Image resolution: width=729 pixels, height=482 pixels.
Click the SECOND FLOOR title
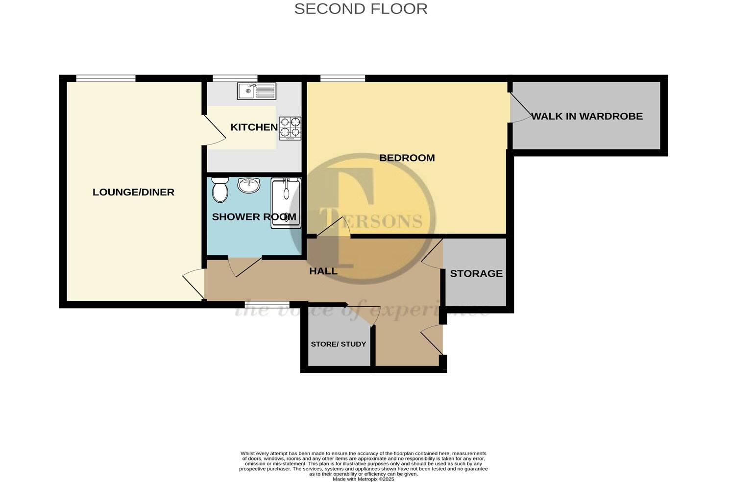coord(361,9)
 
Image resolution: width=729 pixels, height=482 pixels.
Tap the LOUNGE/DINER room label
coord(133,192)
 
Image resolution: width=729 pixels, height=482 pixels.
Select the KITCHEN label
coord(254,127)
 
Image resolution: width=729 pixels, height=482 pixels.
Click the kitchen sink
coord(256,91)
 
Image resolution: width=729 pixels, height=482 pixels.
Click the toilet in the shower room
coord(220,190)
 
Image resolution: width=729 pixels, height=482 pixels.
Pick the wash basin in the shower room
coord(249,185)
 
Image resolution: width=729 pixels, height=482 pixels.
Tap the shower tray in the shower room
coord(286,202)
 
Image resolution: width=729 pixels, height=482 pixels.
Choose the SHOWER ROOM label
coord(254,217)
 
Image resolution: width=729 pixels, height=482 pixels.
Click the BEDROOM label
coord(407,158)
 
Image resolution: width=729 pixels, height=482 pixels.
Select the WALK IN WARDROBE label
coord(587,117)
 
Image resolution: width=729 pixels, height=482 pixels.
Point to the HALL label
coord(323,271)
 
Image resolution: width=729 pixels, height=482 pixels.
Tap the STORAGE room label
coord(476,273)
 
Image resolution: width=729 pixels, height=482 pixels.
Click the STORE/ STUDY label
coord(339,344)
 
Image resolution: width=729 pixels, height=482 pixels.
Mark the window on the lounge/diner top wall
coord(105,78)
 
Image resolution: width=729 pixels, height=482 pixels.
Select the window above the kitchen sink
coord(235,78)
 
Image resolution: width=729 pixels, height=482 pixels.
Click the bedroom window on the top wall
coord(342,78)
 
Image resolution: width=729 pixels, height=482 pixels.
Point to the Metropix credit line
coord(363,479)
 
